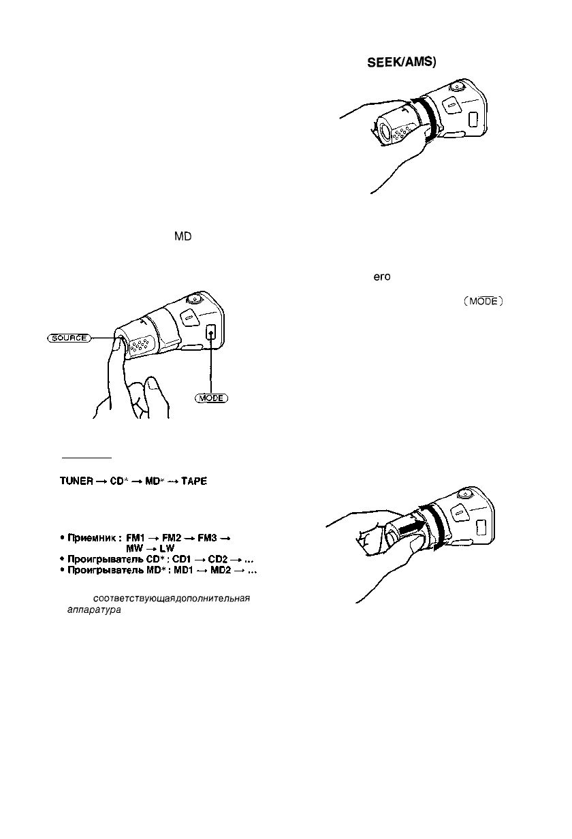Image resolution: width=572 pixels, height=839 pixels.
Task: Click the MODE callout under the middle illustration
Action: pos(209,397)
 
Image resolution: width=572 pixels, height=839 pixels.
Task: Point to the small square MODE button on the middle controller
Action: pos(211,333)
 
